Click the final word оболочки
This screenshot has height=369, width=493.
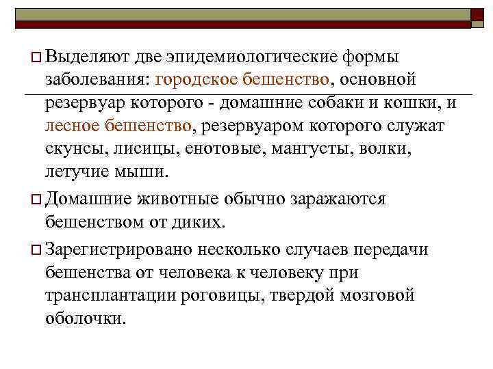[x=86, y=319]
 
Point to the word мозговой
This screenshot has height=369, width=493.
[x=377, y=296]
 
